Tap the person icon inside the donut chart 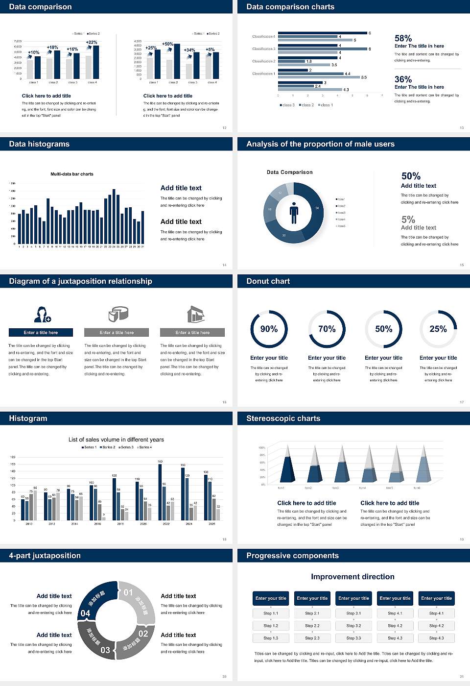[x=294, y=213]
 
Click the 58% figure [x=403, y=38]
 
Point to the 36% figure [x=403, y=79]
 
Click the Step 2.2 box [x=312, y=626]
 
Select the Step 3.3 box [x=353, y=638]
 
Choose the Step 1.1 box [x=271, y=613]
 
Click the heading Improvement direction [x=352, y=577]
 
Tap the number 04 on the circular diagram [x=85, y=613]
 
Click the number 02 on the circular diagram [x=143, y=634]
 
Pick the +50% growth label [x=167, y=44]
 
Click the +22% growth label [x=92, y=43]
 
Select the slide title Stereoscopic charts [x=283, y=418]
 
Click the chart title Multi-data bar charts [x=72, y=174]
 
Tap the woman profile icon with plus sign [x=42, y=314]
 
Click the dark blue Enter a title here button [x=41, y=333]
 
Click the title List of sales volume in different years [x=116, y=440]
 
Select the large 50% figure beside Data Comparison [x=411, y=176]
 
